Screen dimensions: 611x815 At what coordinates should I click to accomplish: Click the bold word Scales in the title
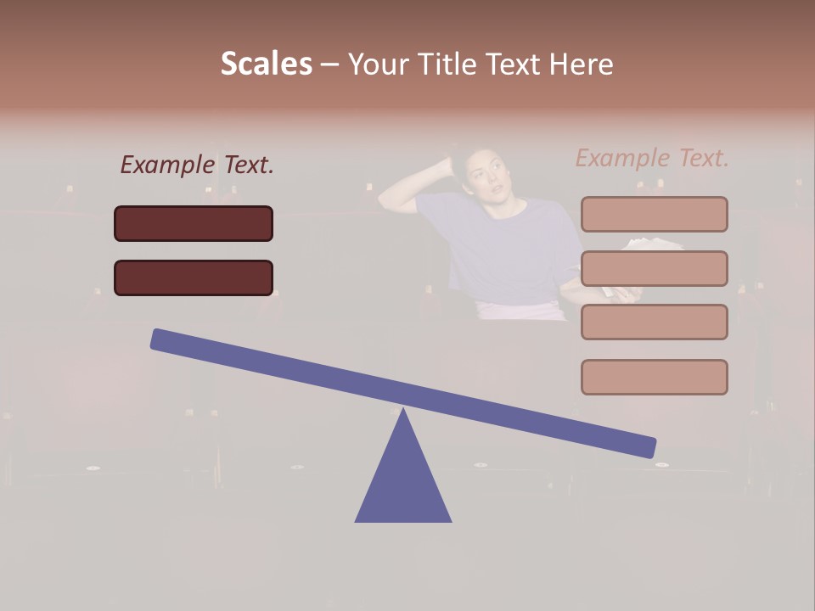[x=266, y=64]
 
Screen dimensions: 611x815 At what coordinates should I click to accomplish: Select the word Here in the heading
[x=582, y=64]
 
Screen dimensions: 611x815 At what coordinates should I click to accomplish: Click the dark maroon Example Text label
[x=197, y=165]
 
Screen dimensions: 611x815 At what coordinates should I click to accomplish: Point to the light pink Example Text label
[x=652, y=158]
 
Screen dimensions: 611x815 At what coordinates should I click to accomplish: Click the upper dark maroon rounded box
[x=194, y=223]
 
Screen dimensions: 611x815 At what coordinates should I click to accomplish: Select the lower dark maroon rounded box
[x=194, y=277]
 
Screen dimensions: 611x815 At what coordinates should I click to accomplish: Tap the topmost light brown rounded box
[x=654, y=214]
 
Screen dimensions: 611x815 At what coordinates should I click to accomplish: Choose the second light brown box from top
[x=654, y=268]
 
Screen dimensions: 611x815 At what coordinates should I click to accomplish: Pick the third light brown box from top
[x=654, y=322]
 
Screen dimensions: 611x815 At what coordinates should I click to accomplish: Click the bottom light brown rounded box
[x=654, y=377]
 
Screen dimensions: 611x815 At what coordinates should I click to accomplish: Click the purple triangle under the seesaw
[x=403, y=484]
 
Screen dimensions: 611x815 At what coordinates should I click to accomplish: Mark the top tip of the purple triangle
[x=403, y=411]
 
